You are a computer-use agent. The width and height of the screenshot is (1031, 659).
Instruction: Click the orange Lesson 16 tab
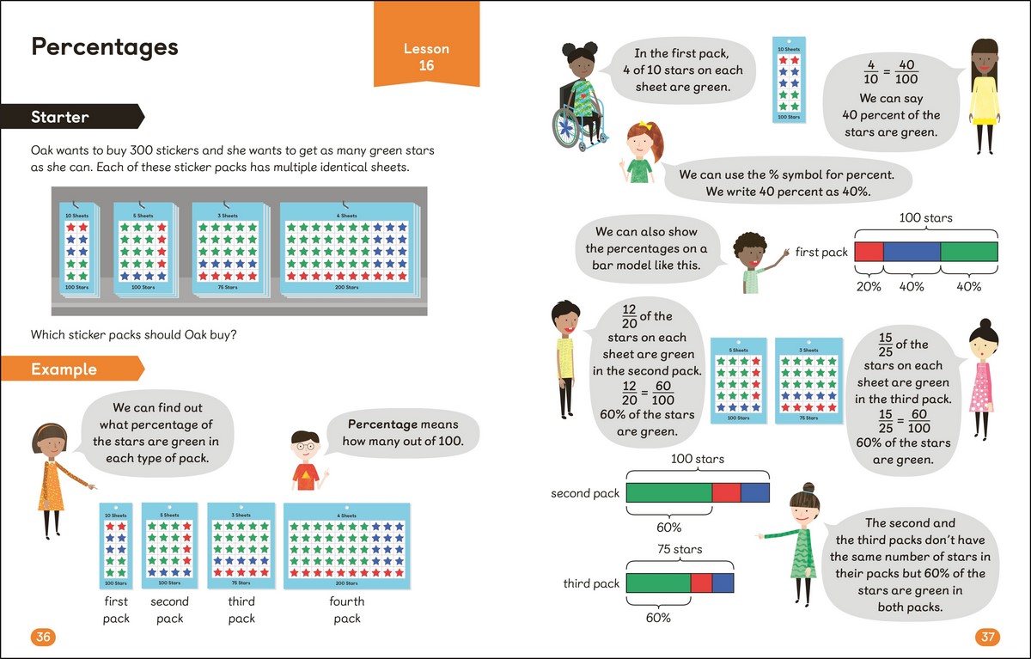[426, 56]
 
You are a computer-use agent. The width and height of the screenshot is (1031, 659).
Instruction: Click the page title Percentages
[104, 46]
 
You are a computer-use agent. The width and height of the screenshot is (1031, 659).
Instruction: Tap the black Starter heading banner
[69, 117]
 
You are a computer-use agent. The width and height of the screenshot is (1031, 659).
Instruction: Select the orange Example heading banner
[69, 369]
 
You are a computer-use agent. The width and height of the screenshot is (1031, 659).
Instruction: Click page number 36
[43, 637]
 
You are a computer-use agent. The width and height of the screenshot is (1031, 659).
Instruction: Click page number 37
[987, 637]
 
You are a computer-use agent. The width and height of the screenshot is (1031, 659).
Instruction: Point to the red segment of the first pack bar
[869, 252]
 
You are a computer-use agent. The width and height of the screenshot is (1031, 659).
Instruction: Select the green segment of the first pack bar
[969, 252]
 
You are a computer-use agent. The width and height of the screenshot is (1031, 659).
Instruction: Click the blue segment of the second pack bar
[754, 493]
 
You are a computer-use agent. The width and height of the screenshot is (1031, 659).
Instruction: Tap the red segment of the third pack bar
[701, 583]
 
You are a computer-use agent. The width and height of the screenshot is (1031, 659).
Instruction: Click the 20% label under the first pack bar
[869, 286]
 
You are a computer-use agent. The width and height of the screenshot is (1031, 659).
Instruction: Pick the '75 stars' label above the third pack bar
[679, 549]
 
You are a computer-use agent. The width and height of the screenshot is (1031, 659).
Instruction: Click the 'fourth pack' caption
[347, 609]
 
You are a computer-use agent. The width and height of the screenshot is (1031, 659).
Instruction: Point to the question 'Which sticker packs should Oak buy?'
[133, 334]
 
